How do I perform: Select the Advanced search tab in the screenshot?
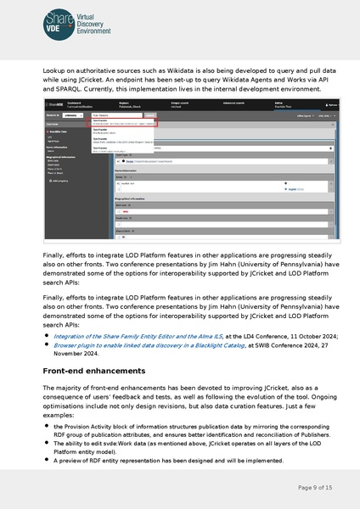235,102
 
